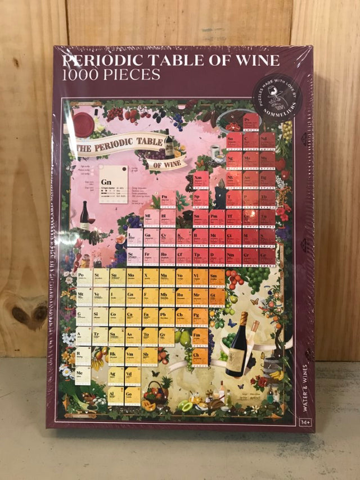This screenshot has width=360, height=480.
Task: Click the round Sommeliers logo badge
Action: [277, 98]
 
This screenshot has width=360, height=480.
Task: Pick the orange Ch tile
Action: [200, 356]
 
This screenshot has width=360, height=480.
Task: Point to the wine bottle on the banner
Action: [169, 143]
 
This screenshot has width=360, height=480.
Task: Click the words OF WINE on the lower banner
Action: [168, 165]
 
